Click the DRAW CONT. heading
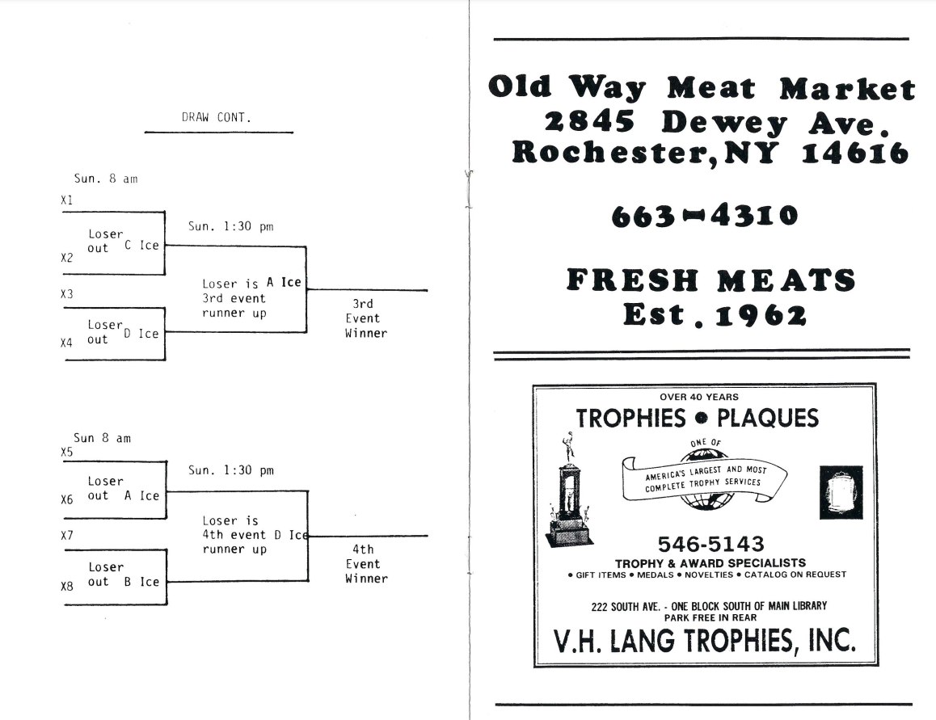point(217,118)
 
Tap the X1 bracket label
point(67,200)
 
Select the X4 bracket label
point(67,343)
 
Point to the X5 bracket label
point(67,453)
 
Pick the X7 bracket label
point(67,535)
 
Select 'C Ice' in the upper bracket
point(141,246)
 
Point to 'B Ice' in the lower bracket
point(141,582)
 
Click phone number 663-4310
point(704,216)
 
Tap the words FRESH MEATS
point(710,281)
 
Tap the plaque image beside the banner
point(841,491)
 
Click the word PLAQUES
point(768,419)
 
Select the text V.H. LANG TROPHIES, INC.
point(704,641)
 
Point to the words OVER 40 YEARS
point(698,397)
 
